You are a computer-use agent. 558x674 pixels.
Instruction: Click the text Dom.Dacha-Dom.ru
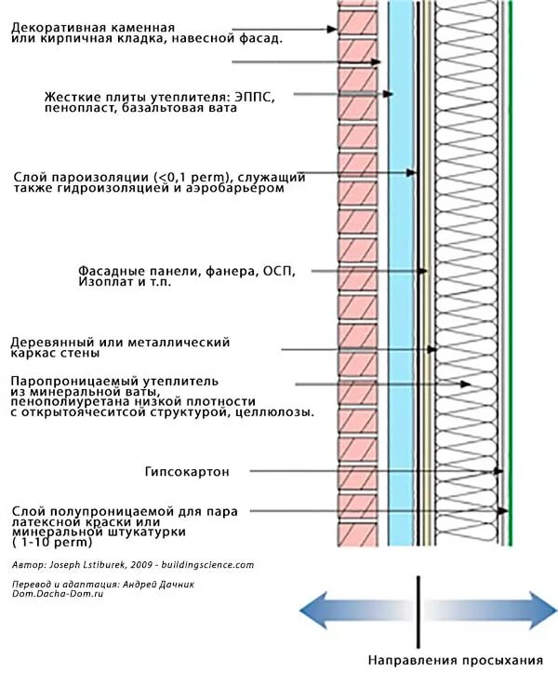pos(57,593)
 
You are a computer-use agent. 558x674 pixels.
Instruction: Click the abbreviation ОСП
pos(278,270)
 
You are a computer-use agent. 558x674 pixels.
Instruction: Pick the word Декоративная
pos(55,28)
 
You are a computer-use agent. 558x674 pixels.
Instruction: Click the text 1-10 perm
pos(46,542)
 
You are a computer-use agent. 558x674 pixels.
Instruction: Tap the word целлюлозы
pos(278,411)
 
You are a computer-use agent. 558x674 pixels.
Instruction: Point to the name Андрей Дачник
pos(153,584)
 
